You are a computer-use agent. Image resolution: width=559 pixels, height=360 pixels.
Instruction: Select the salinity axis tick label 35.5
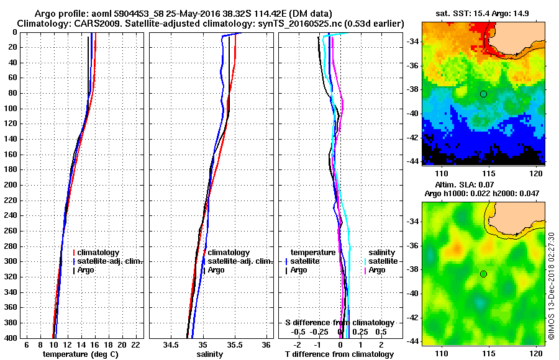coord(234,344)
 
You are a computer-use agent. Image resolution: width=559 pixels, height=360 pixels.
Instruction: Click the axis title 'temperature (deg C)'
coord(80,354)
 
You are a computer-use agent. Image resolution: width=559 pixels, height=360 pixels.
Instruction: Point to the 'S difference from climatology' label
coord(339,323)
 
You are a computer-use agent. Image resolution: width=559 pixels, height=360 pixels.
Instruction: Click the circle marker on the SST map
coord(483,94)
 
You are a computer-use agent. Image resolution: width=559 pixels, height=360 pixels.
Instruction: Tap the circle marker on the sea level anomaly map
coord(483,274)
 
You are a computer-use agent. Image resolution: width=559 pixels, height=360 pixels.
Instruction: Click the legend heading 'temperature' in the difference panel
coord(314,253)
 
